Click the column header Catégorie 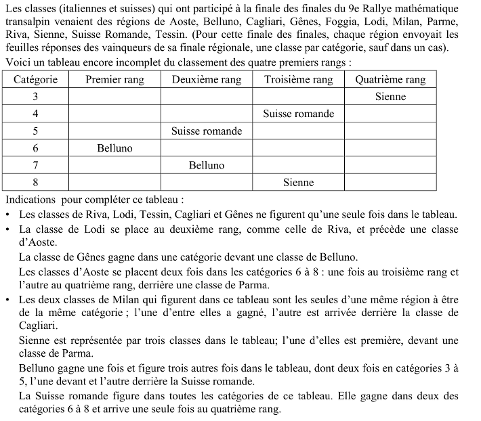pos(35,79)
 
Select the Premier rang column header pos(114,79)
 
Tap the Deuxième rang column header pos(206,79)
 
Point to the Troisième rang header pos(299,79)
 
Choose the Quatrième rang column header pos(390,79)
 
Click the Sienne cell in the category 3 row pos(390,96)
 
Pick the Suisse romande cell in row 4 pos(299,114)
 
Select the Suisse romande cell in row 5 pos(206,131)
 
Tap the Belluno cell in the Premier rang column pos(114,148)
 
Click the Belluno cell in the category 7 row pos(206,164)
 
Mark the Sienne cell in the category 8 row pos(299,182)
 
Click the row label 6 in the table pos(35,148)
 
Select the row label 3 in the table pos(35,96)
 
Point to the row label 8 pos(35,182)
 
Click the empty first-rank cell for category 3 pos(114,96)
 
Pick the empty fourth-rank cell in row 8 pos(390,182)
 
